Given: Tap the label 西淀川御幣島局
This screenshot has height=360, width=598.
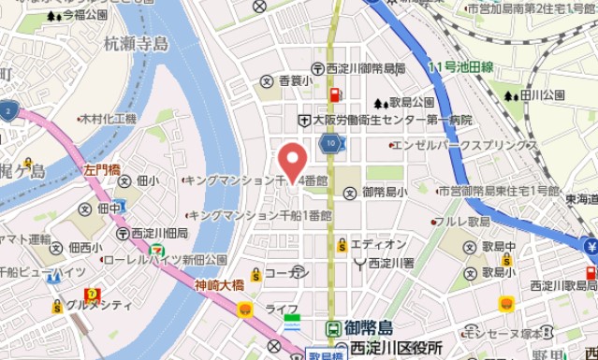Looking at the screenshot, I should [366, 68].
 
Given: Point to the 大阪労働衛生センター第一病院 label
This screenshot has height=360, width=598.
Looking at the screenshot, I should [391, 121].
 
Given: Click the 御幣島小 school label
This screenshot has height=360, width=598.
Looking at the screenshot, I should [384, 192].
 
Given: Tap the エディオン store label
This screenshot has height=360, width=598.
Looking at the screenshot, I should [378, 244].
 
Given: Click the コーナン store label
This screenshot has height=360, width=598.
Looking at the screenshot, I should [286, 272].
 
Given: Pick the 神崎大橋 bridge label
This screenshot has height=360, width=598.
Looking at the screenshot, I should [219, 285].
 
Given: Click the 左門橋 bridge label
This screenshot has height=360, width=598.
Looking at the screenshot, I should [102, 170].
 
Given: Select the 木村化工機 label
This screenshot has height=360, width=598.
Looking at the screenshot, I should [108, 120].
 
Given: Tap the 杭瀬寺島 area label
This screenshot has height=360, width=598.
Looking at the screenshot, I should [136, 44].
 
